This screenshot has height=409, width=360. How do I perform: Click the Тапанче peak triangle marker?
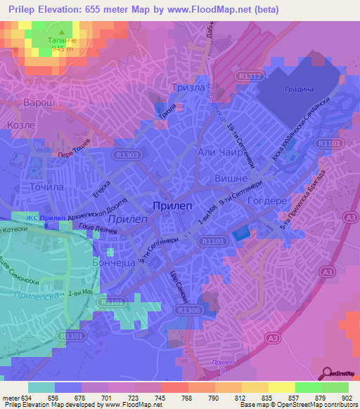click(62, 32)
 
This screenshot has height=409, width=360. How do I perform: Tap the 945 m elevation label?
click(62, 51)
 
